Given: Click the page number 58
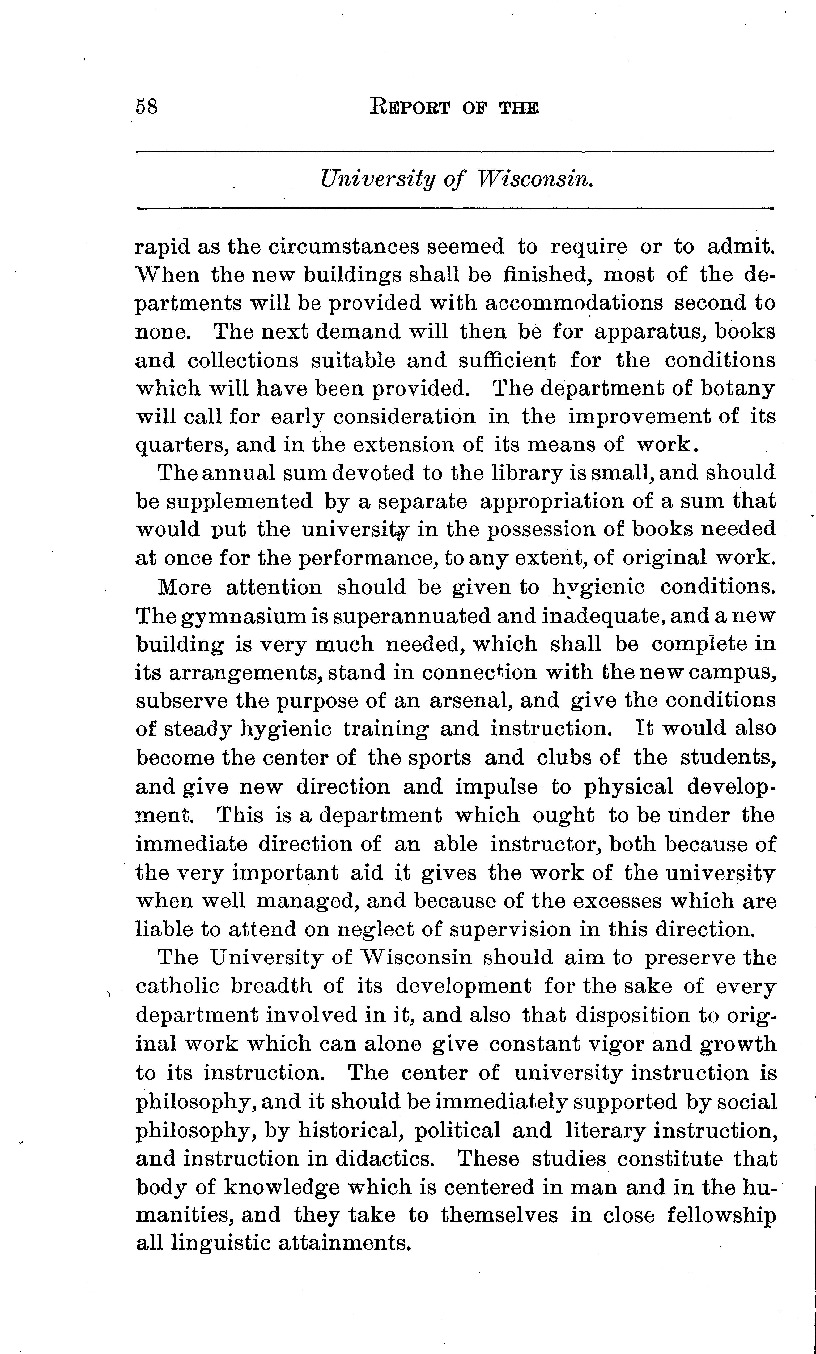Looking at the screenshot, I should tap(146, 106).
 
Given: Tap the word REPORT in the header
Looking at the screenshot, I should tap(410, 106).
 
